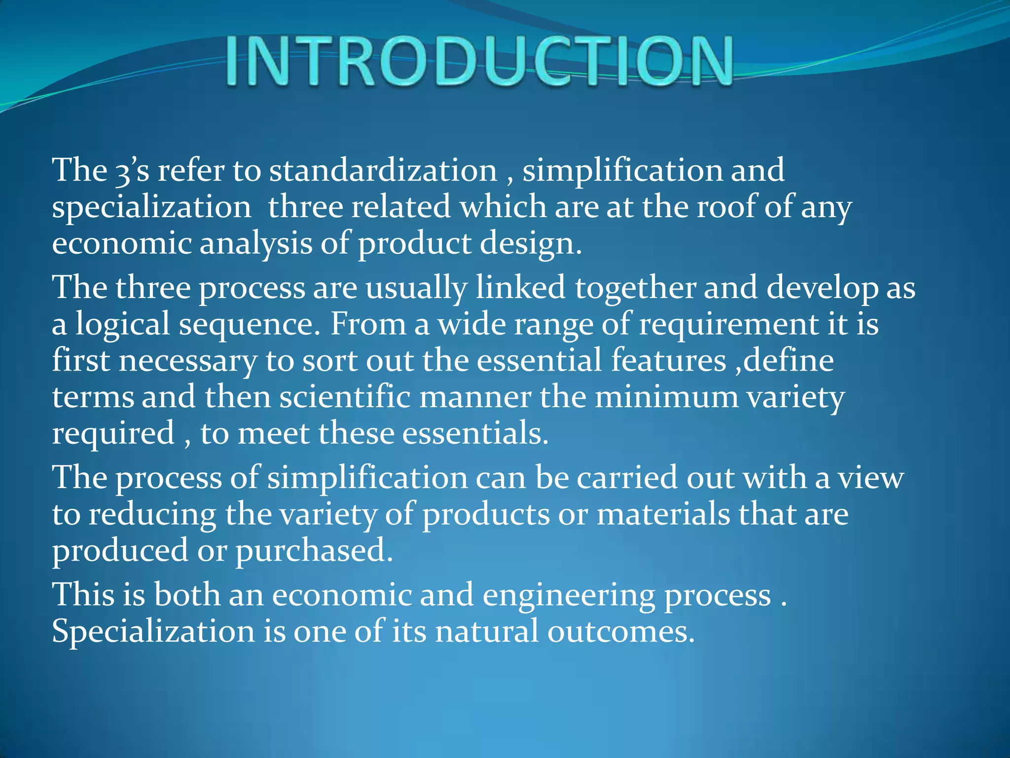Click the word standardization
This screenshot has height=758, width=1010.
click(383, 170)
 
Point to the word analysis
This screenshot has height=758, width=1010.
click(255, 244)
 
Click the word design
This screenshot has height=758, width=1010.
click(530, 244)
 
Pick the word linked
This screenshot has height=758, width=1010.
click(520, 288)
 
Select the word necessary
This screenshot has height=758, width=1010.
click(188, 361)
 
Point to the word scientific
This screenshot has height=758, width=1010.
click(345, 397)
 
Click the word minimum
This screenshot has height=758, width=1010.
click(666, 397)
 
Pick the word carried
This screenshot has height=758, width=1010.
click(627, 478)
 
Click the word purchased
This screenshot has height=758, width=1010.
click(314, 551)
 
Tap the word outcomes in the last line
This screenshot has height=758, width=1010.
click(621, 632)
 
